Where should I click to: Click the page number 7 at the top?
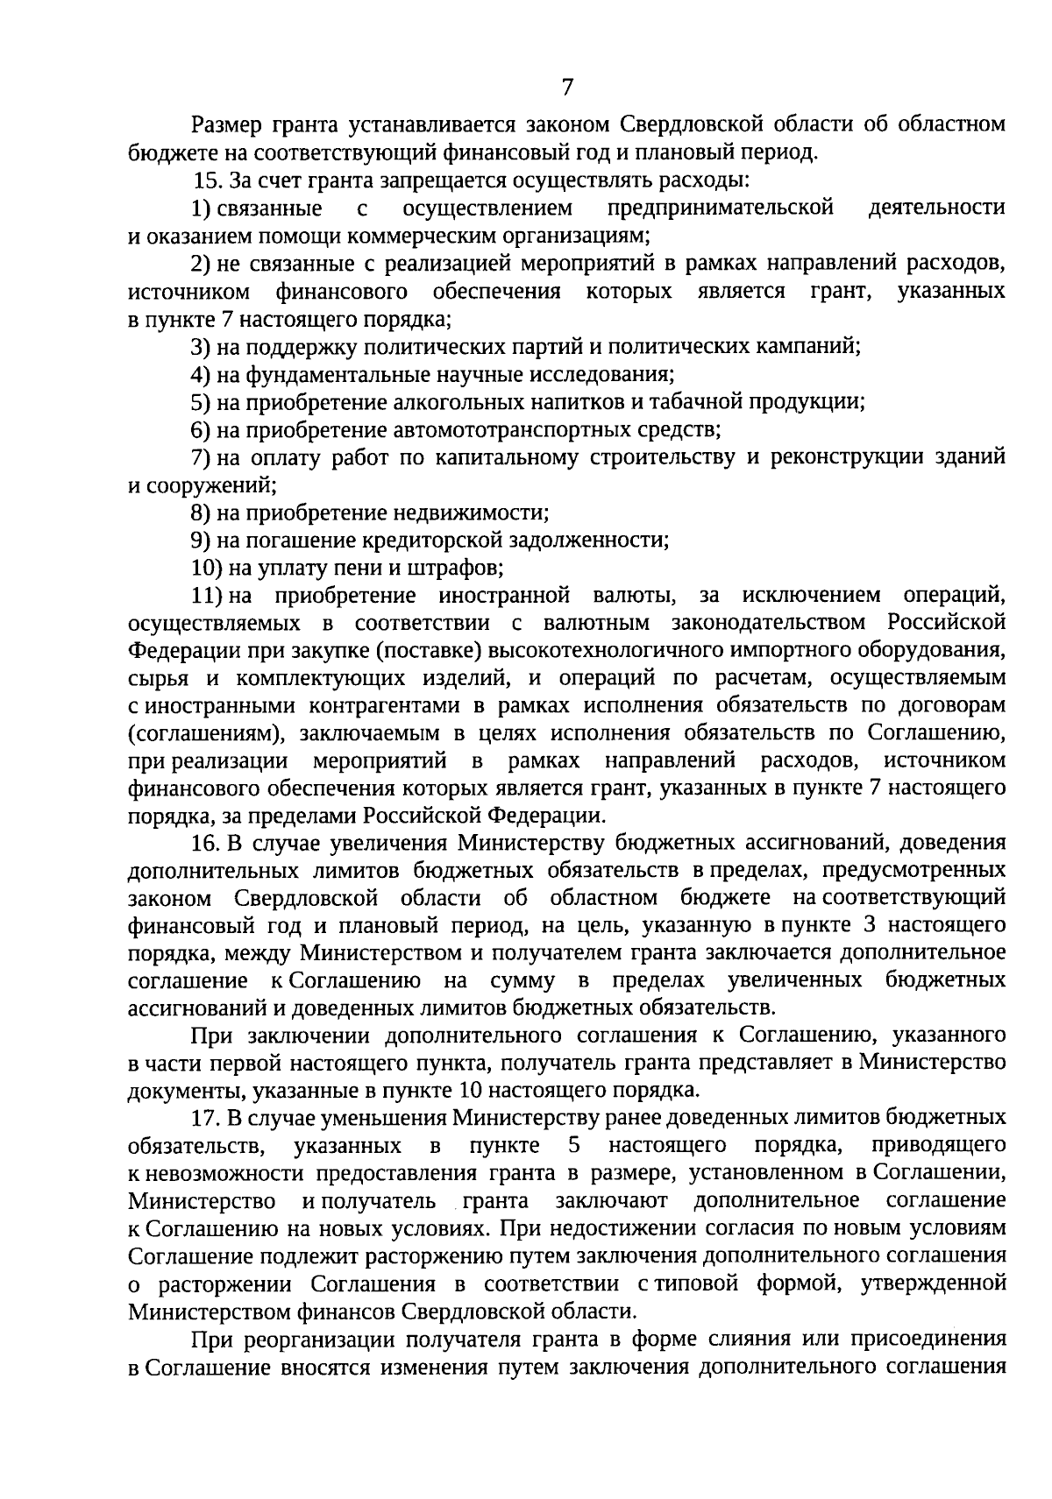566,87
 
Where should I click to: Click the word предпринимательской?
719,209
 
